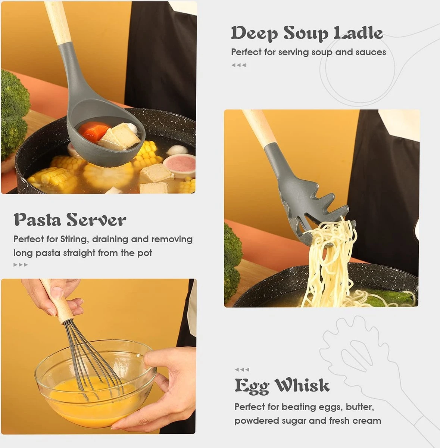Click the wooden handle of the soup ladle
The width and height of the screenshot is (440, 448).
[x=58, y=22]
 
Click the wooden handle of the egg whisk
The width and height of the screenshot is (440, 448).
[x=57, y=303]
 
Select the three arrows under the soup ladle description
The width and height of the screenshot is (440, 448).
[x=238, y=65]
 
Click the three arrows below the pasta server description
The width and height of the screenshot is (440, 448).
[x=21, y=265]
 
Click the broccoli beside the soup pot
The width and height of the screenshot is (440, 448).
[x=14, y=114]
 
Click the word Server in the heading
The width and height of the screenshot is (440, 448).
[x=96, y=220]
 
